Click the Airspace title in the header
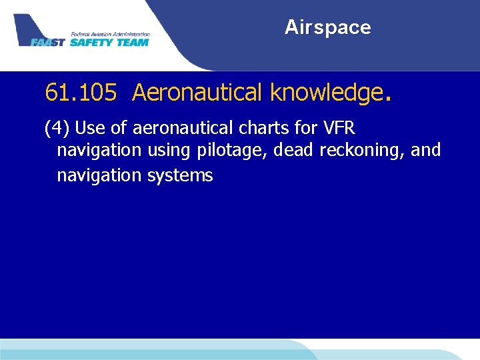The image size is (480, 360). [327, 27]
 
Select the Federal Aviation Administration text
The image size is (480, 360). [109, 34]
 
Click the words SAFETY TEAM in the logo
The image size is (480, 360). [109, 42]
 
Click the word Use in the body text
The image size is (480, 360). [90, 127]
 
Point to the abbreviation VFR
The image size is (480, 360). [343, 127]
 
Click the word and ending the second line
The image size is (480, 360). [426, 150]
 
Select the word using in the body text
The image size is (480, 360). [169, 151]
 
